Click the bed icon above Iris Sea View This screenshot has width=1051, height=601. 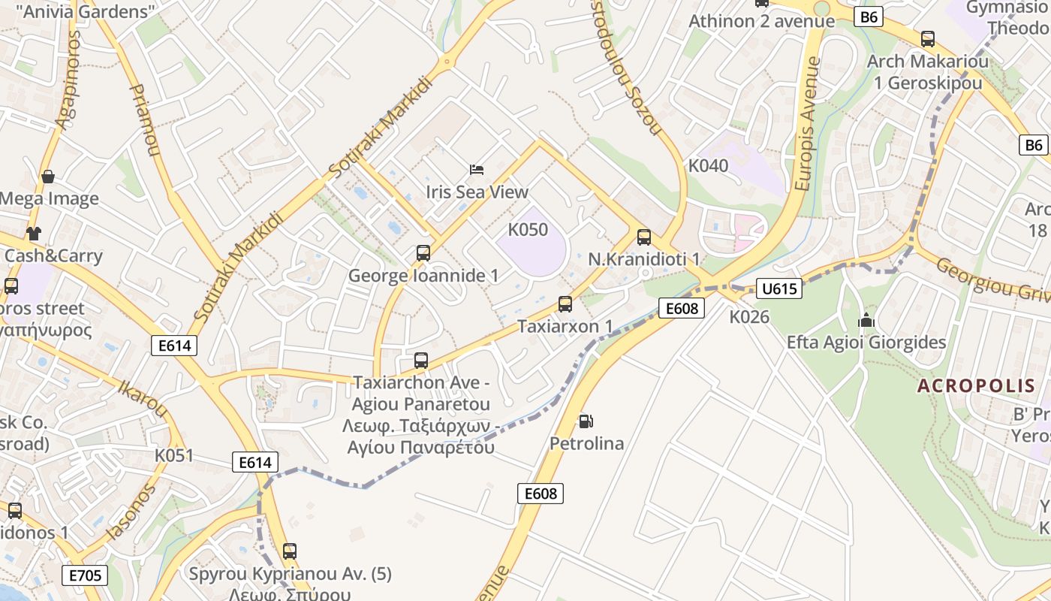click(x=477, y=169)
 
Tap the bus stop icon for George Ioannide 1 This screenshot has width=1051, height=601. click(x=423, y=253)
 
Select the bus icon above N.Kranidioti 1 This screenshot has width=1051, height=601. click(x=643, y=237)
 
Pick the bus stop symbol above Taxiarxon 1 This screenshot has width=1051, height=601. click(x=565, y=304)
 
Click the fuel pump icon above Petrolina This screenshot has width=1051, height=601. click(x=586, y=421)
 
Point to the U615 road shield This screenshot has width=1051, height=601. click(x=781, y=288)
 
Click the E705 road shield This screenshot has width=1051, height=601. click(x=85, y=575)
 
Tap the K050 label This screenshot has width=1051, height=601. click(x=528, y=230)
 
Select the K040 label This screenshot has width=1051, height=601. click(x=708, y=166)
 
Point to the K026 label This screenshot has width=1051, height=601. click(x=749, y=317)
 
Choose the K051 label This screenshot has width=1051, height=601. click(x=174, y=455)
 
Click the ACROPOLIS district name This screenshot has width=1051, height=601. click(x=976, y=386)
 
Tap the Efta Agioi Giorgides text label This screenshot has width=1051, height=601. click(x=866, y=343)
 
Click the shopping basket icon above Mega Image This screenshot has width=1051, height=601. click(x=48, y=177)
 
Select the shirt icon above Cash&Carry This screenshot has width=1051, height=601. click(x=33, y=233)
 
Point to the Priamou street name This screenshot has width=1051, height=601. click(x=145, y=120)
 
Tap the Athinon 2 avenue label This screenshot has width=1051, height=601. click(x=761, y=21)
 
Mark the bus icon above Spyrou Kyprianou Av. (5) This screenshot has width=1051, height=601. click(x=290, y=551)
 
